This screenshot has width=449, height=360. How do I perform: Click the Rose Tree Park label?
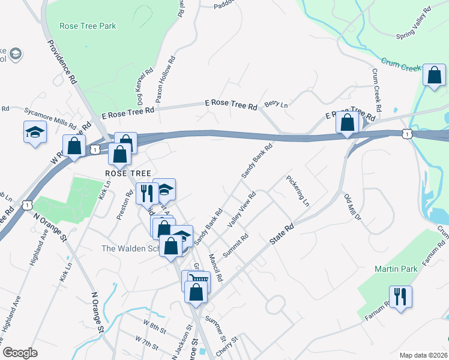pyautogui.click(x=88, y=26)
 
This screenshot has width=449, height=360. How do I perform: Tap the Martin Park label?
pyautogui.click(x=396, y=269)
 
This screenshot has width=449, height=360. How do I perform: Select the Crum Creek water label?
pyautogui.click(x=402, y=64)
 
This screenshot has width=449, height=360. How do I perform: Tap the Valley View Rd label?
pyautogui.click(x=242, y=209)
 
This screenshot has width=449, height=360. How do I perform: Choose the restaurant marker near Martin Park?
pyautogui.click(x=400, y=295)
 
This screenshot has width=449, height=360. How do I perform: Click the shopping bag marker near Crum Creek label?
pyautogui.click(x=433, y=75)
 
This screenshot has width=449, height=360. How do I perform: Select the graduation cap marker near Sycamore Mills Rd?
pyautogui.click(x=35, y=131)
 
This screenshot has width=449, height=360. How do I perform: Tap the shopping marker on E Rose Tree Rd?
pyautogui.click(x=348, y=122)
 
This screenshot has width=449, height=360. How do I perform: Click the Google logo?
pyautogui.click(x=20, y=353)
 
